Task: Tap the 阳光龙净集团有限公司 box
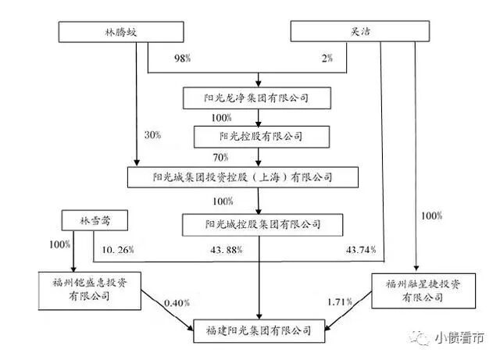coord(259,98)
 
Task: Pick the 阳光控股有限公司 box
coord(259,137)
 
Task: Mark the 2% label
coord(325,59)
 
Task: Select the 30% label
coord(152,135)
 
